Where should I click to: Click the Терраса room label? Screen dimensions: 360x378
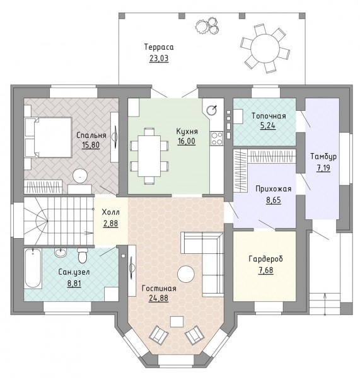[159, 47]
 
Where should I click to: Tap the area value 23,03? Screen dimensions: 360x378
[159, 59]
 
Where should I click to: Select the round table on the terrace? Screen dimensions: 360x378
[264, 49]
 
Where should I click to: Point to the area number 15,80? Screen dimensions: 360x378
[91, 145]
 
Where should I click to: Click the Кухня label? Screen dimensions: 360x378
[187, 132]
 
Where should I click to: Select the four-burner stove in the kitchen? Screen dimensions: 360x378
[217, 139]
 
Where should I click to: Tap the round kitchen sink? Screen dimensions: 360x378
[212, 110]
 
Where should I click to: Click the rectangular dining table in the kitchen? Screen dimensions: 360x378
[149, 156]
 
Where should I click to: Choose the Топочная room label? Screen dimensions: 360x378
[269, 116]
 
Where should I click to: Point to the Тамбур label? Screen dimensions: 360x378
[323, 156]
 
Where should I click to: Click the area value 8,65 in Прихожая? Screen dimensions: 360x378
[274, 200]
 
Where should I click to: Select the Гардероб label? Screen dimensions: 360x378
[265, 259]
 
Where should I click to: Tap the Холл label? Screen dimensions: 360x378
[110, 212]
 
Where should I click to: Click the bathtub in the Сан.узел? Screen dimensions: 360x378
[33, 268]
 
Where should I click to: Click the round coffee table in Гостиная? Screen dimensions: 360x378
[185, 274]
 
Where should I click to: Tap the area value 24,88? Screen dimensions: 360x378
[158, 298]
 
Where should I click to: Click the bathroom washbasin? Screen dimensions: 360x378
[60, 253]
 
